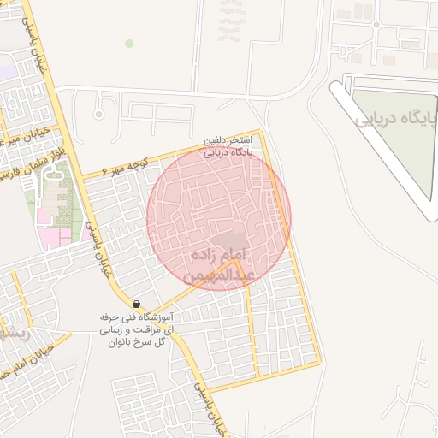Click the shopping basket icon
click(137, 304)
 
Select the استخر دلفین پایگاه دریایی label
click(228, 146)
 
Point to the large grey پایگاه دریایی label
click(395, 119)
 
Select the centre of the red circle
click(219, 218)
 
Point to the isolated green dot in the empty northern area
click(129, 43)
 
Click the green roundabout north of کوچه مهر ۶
click(99, 114)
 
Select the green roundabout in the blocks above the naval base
click(375, 25)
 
